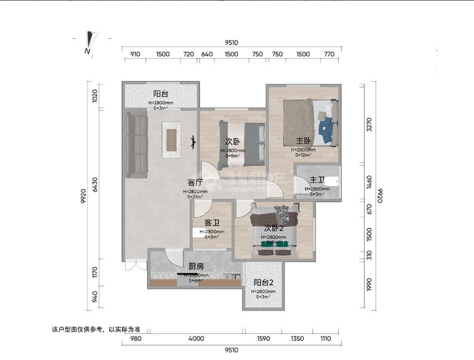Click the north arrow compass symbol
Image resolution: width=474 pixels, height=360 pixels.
89,43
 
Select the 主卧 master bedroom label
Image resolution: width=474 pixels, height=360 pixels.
303,141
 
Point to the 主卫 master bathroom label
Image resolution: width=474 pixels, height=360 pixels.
317,180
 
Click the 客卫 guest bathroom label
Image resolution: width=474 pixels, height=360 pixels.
212,223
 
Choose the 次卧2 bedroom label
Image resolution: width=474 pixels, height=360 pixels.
274,228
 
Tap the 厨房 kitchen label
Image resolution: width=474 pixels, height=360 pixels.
197,266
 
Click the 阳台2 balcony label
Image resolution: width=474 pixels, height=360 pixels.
264,282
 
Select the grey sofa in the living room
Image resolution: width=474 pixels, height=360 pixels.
136,145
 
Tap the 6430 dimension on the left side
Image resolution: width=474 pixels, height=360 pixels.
95,185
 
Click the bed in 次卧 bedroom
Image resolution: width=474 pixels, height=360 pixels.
242,142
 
